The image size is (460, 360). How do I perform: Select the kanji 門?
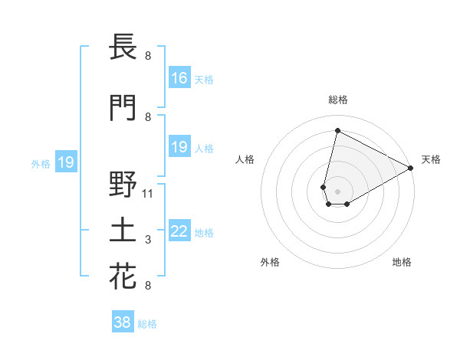[x=123, y=107]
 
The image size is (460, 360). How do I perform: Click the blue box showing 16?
[x=179, y=78]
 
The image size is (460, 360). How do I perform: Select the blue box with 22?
[x=179, y=232]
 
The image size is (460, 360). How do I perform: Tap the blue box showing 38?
[x=123, y=322]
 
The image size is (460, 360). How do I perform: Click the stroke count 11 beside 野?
[x=148, y=193]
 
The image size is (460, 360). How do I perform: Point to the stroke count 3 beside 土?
[x=148, y=241]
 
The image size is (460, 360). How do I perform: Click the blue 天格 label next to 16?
[x=204, y=79]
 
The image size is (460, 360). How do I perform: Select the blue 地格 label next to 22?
[x=204, y=233]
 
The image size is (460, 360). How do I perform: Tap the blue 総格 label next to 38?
[x=147, y=324]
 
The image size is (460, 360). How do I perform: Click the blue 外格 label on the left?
[x=41, y=163]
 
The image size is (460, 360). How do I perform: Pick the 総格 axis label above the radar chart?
[x=338, y=100]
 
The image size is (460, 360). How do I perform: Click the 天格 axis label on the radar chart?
[x=431, y=159]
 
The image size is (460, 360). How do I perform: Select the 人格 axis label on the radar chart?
[x=245, y=159]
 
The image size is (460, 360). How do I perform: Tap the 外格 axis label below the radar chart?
[x=270, y=262]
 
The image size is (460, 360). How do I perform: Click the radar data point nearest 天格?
[x=411, y=169]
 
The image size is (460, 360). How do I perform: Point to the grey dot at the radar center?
[x=338, y=191]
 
